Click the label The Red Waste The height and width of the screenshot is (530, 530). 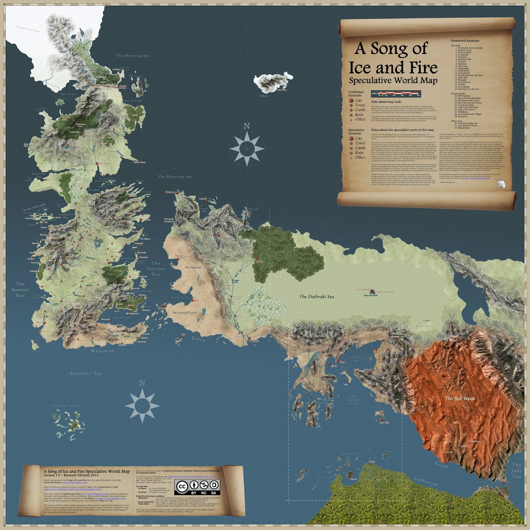460,398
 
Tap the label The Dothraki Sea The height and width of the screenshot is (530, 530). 316,296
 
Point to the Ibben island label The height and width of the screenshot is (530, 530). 264,96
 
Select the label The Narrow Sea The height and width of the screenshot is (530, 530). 156,269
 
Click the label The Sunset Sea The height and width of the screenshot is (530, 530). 20,290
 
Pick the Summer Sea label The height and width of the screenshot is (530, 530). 86,373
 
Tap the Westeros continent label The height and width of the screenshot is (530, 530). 102,351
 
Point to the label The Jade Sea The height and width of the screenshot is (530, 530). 516,470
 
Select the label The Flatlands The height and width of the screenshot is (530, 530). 193,267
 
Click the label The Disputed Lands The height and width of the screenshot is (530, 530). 184,313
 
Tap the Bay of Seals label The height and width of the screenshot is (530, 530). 133,101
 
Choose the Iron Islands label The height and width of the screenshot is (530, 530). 34,207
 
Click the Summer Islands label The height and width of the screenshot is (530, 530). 67,405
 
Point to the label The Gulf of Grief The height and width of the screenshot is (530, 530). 353,399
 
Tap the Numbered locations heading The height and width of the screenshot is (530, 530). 465,41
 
